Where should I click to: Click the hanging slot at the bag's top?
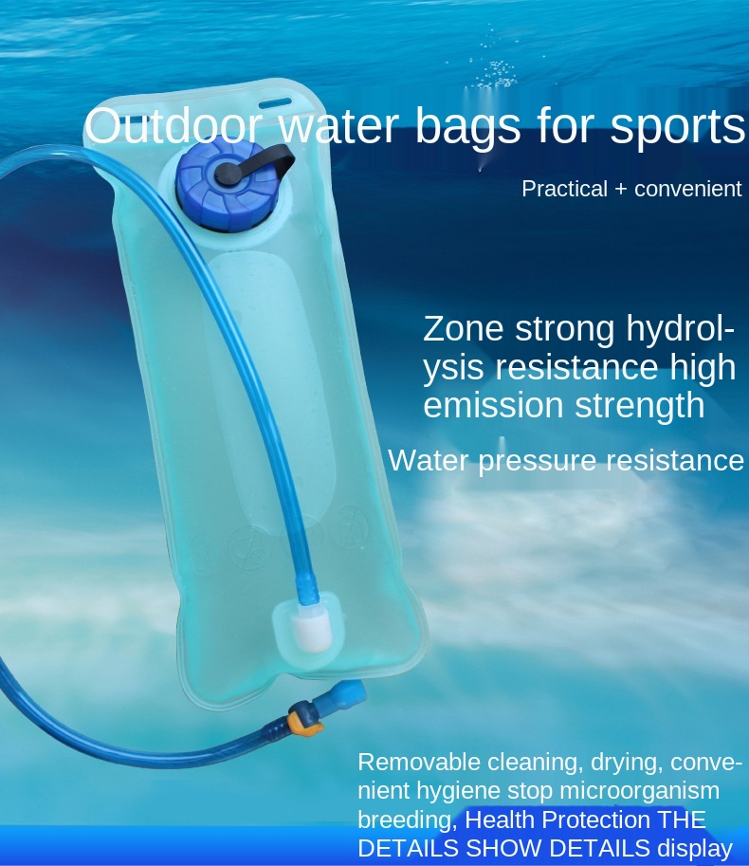(275, 101)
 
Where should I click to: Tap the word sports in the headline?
(678, 127)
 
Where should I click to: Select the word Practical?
(564, 189)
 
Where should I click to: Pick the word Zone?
(464, 329)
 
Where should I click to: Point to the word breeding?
(405, 820)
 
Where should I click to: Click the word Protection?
(589, 820)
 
